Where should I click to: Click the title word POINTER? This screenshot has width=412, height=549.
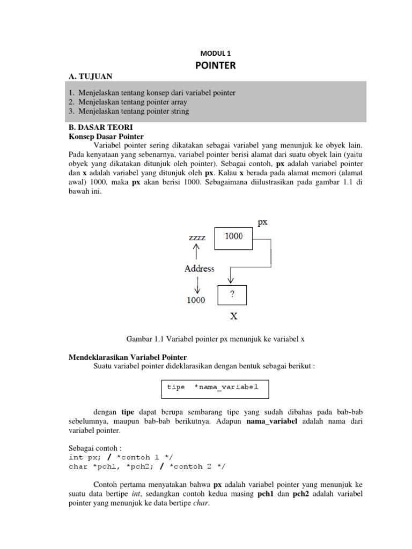pos(217,66)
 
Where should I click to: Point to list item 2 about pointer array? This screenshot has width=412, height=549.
pos(128,102)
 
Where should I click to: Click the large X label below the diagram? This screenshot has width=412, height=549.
pos(234,316)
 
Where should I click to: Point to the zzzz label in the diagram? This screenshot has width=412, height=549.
pos(197,236)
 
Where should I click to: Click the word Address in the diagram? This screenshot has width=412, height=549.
pos(200,269)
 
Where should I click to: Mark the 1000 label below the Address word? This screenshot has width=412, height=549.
pos(196,300)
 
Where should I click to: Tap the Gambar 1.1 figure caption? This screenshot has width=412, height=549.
pos(216,339)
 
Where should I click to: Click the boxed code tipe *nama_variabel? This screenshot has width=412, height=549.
pos(213,388)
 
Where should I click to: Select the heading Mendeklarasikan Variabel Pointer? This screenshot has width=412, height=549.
pos(128,357)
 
